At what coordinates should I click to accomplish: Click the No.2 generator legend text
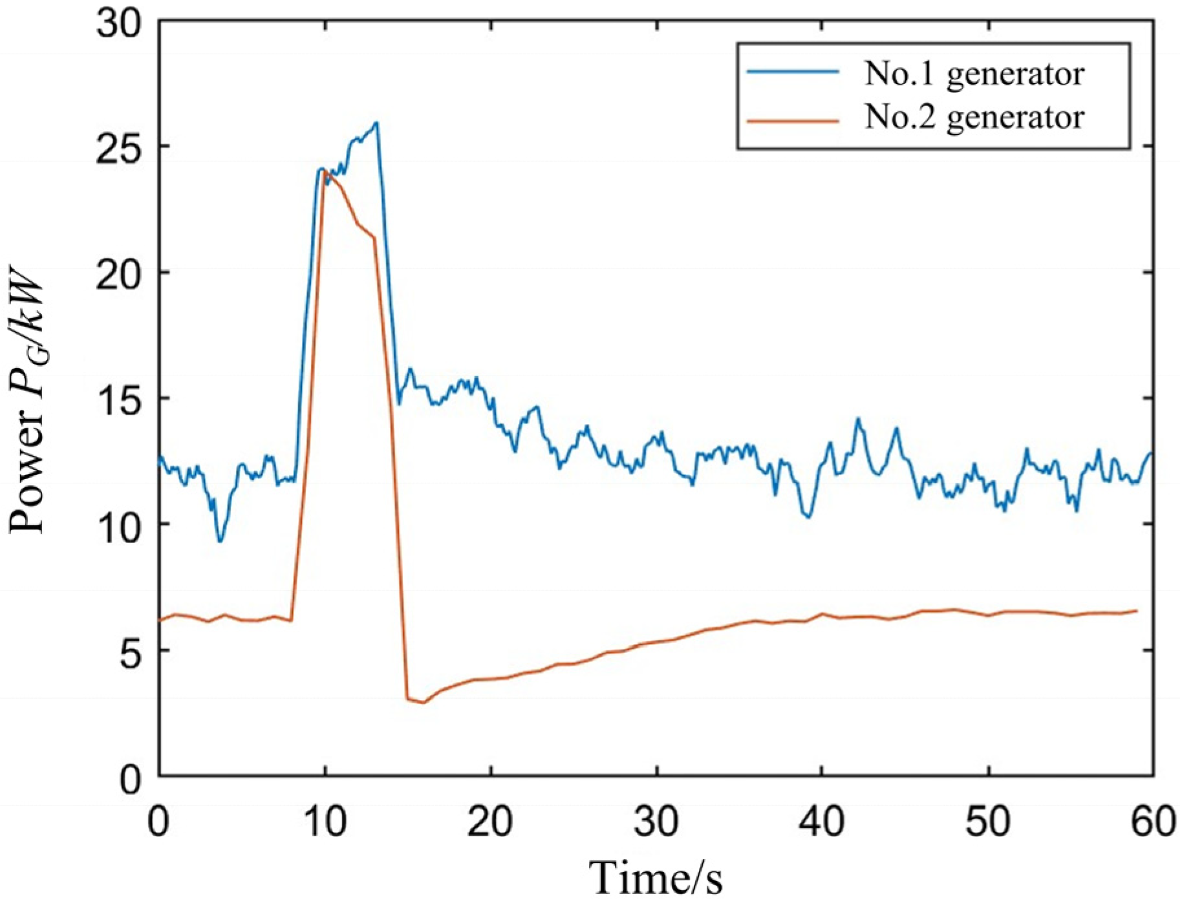pyautogui.click(x=974, y=117)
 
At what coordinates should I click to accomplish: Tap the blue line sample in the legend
pyautogui.click(x=793, y=72)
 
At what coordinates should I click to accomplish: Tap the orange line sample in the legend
pyautogui.click(x=793, y=121)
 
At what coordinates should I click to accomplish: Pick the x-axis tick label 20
pyautogui.click(x=490, y=822)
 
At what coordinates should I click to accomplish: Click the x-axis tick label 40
pyautogui.click(x=822, y=822)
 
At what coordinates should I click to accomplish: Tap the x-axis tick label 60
pyautogui.click(x=1153, y=822)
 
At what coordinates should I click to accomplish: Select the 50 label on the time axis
pyautogui.click(x=988, y=822)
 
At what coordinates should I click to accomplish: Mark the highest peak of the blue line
pyautogui.click(x=376, y=122)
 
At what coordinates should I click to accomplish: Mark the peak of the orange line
pyautogui.click(x=325, y=171)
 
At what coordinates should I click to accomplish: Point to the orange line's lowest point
pyautogui.click(x=424, y=703)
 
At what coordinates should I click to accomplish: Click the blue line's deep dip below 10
pyautogui.click(x=220, y=540)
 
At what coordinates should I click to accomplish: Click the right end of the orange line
pyautogui.click(x=1136, y=610)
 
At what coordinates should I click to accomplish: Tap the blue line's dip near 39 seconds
pyautogui.click(x=808, y=516)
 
